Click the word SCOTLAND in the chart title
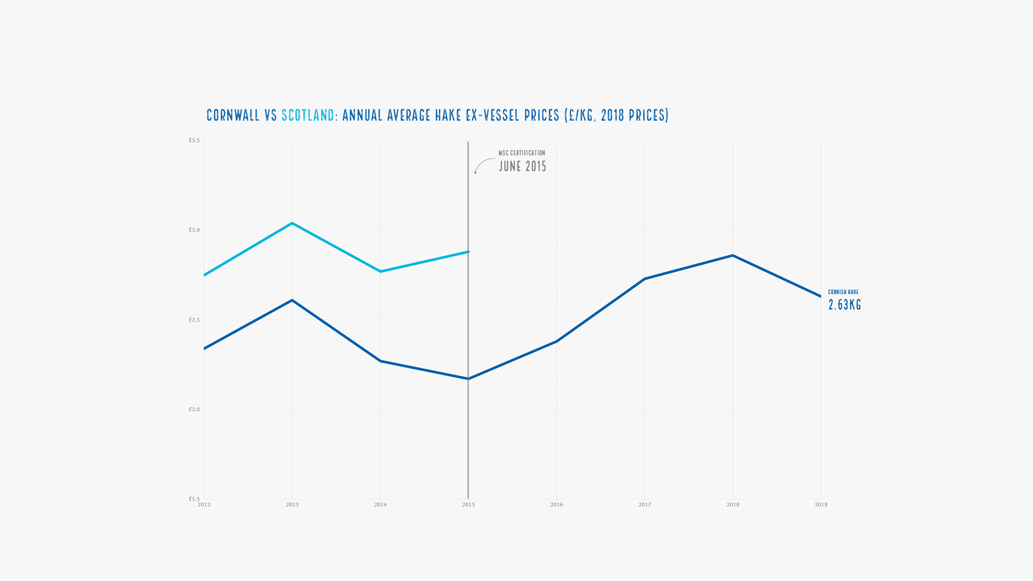(x=308, y=115)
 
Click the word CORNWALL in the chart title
(x=233, y=115)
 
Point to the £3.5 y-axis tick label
(x=194, y=140)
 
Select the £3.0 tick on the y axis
(x=194, y=230)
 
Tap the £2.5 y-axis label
(x=194, y=320)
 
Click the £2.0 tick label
(x=194, y=410)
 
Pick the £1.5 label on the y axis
(x=194, y=499)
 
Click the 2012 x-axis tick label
(x=204, y=505)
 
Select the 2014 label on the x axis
(x=380, y=505)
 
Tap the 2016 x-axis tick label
(x=556, y=505)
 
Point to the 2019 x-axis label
(x=821, y=505)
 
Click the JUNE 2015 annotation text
(x=523, y=166)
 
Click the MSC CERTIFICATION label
(x=522, y=153)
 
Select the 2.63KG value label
(x=845, y=305)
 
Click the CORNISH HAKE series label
(x=843, y=292)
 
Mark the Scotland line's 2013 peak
(x=292, y=223)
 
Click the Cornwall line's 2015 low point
(x=468, y=379)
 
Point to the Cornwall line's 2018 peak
(x=733, y=255)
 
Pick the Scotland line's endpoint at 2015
(x=468, y=252)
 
